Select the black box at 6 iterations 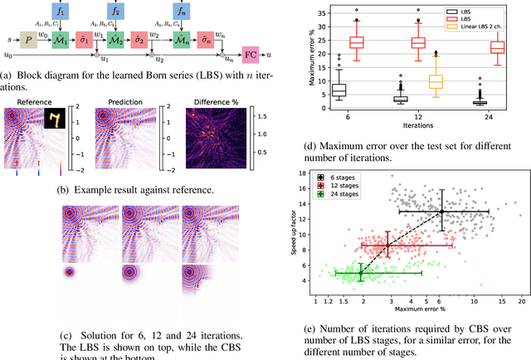pyautogui.click(x=339, y=90)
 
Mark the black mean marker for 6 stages pyautogui.click(x=441, y=212)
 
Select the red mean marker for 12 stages pyautogui.click(x=387, y=245)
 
